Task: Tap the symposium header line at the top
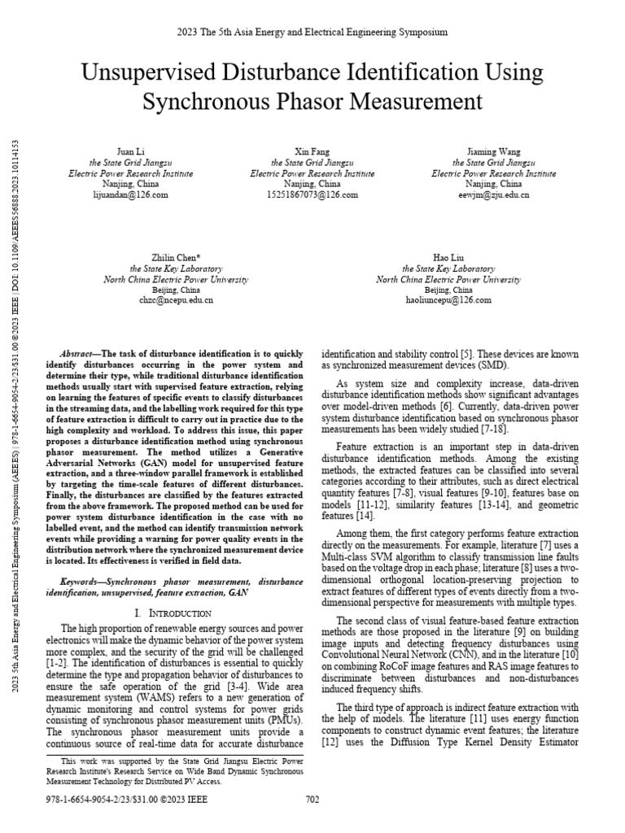pos(312,33)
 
